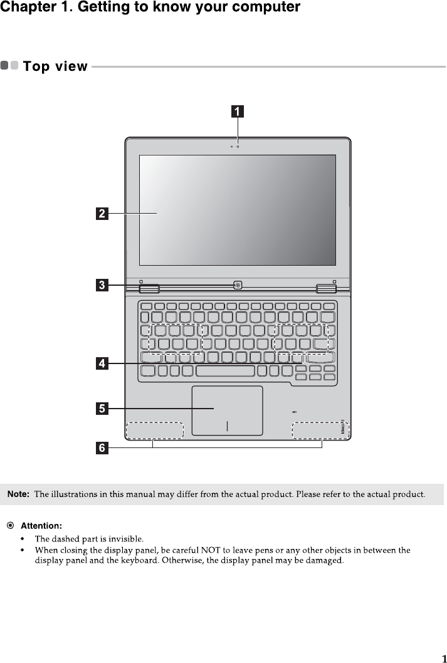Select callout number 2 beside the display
point(101,214)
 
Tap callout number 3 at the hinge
point(101,286)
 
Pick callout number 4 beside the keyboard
point(101,363)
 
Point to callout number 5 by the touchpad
point(101,409)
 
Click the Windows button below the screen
point(238,286)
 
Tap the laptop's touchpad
point(226,410)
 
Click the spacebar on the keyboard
point(226,372)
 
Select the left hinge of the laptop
point(149,288)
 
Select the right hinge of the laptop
point(325,288)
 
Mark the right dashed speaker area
point(320,431)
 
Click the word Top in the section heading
point(36,66)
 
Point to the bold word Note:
point(18,495)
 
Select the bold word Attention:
point(41,525)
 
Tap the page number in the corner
point(443,658)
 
